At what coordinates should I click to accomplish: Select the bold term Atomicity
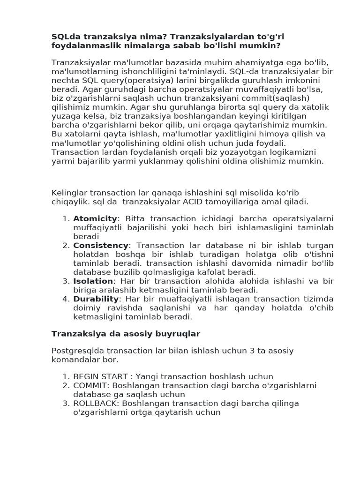95,218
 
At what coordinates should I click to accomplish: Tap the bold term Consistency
100,245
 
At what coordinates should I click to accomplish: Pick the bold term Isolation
93,281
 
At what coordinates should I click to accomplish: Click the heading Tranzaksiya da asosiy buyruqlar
126,334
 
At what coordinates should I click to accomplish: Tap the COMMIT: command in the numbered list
90,385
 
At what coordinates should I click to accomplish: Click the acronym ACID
211,202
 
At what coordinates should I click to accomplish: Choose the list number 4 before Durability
66,299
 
